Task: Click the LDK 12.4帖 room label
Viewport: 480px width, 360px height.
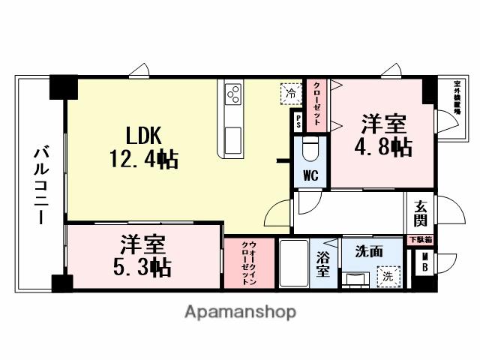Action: pos(151,147)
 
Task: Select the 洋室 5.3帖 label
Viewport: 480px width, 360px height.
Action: pos(142,256)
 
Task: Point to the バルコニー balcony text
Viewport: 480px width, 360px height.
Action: pos(39,184)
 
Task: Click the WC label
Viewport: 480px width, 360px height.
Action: pos(311,177)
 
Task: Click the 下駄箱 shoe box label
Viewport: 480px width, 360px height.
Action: pos(420,240)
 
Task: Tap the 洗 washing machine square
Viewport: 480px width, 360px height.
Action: pos(388,275)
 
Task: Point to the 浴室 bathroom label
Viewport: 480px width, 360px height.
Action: pos(323,264)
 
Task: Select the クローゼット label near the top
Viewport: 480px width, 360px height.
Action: pos(316,107)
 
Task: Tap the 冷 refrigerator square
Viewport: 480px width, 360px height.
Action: pos(289,93)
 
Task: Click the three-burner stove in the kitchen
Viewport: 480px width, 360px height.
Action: pos(233,94)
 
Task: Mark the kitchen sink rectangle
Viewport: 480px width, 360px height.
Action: pos(232,139)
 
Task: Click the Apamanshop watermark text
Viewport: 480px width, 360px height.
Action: pos(239,312)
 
